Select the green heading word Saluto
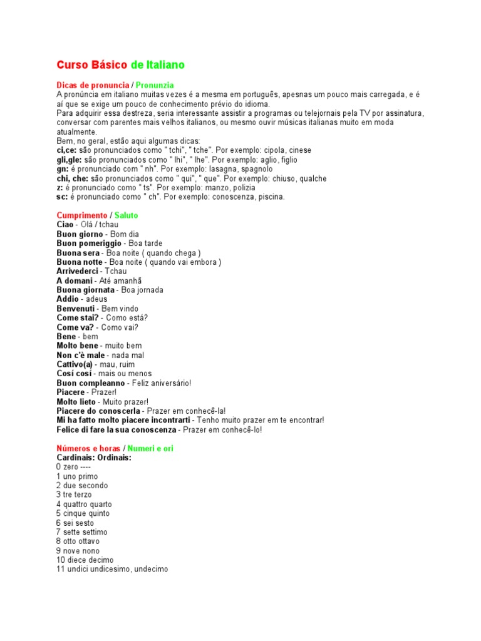coord(127,215)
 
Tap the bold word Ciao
coord(65,224)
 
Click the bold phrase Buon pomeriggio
coord(85,243)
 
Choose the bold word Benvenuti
coord(76,309)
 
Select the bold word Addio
coord(67,299)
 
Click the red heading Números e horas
coord(88,448)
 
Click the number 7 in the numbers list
coord(58,532)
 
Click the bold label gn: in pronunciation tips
coord(61,169)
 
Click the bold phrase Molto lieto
coord(76,401)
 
